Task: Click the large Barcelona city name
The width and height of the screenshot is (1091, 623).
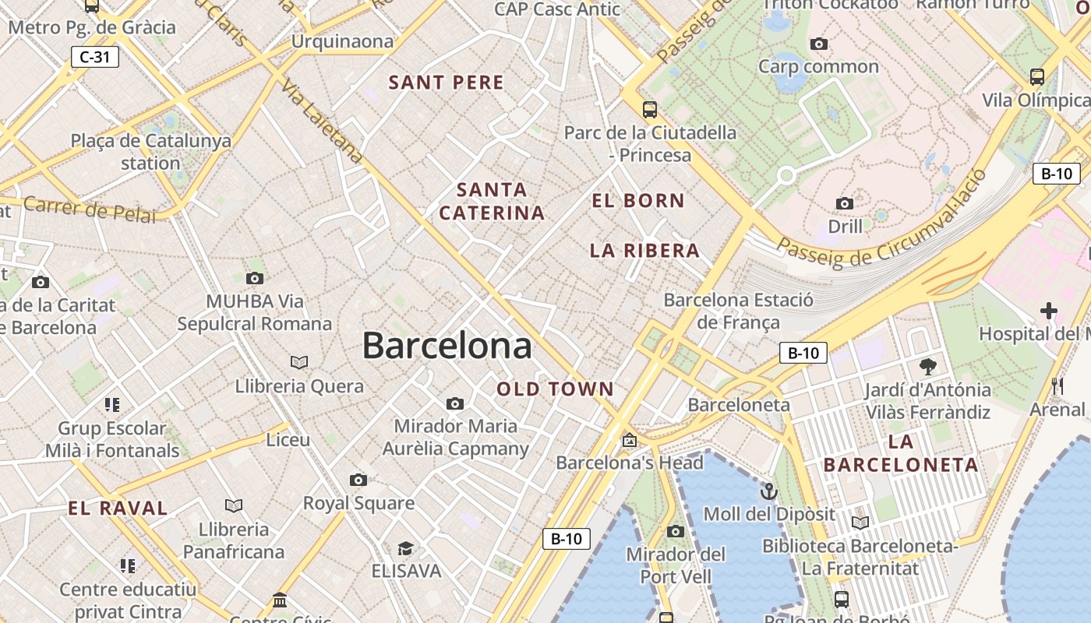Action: [x=447, y=346]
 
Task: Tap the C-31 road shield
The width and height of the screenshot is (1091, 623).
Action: [x=94, y=57]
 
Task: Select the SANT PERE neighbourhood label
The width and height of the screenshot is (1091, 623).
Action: [x=446, y=83]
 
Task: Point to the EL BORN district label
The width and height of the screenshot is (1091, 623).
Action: [x=637, y=201]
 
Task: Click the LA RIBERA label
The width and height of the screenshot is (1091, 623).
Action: [x=644, y=251]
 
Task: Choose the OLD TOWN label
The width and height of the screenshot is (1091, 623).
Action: [x=555, y=389]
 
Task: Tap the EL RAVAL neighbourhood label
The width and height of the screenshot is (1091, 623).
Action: [x=118, y=509]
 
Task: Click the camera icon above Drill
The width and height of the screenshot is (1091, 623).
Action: [x=844, y=204]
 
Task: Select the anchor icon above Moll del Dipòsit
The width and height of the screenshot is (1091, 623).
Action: [x=769, y=491]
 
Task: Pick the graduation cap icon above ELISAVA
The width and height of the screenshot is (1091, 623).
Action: [x=405, y=549]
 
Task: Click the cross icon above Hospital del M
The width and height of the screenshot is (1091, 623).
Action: [x=1049, y=311]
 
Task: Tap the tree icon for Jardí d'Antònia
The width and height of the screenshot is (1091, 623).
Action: [x=927, y=366]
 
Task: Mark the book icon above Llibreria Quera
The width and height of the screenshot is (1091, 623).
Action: [x=299, y=362]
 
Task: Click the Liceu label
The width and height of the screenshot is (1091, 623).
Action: [x=288, y=440]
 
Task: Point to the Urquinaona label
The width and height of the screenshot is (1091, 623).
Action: [x=342, y=41]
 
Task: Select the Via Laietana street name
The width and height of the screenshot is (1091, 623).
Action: [x=323, y=121]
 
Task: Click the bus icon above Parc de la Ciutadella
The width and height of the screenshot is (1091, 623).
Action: [x=649, y=109]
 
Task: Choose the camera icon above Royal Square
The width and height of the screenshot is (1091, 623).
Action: [x=358, y=480]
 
